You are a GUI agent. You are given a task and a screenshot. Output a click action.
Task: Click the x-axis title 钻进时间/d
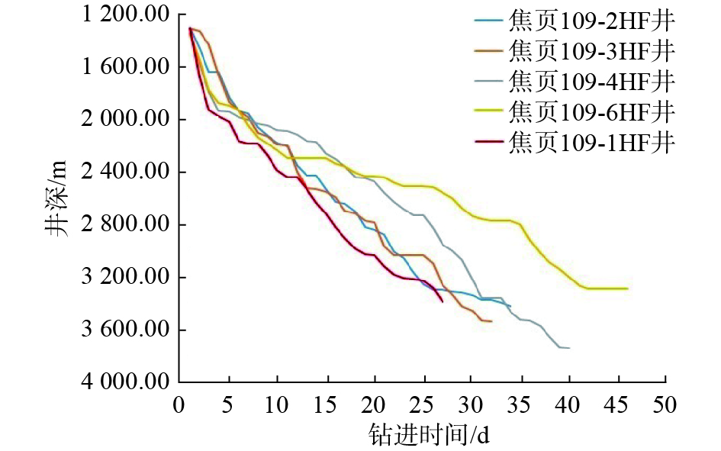pyautogui.click(x=428, y=435)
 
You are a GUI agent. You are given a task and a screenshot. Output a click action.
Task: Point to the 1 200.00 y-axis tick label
pyautogui.click(x=125, y=14)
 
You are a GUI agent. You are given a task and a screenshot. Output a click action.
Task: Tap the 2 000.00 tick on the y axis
pyautogui.click(x=125, y=120)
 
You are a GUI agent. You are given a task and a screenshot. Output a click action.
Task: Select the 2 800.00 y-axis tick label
pyautogui.click(x=125, y=225)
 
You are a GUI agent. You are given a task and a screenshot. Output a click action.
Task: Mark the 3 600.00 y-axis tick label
pyautogui.click(x=125, y=330)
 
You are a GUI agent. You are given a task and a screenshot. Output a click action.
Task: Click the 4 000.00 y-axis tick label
pyautogui.click(x=125, y=382)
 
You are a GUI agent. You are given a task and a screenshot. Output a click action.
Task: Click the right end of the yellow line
pyautogui.click(x=627, y=288)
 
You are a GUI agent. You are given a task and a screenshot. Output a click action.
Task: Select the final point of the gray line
pyautogui.click(x=569, y=348)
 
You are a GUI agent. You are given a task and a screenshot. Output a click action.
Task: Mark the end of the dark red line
pyautogui.click(x=443, y=301)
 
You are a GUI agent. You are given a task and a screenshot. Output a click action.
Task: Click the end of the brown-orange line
pyautogui.click(x=491, y=321)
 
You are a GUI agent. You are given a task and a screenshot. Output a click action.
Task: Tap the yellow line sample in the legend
pyautogui.click(x=487, y=112)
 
